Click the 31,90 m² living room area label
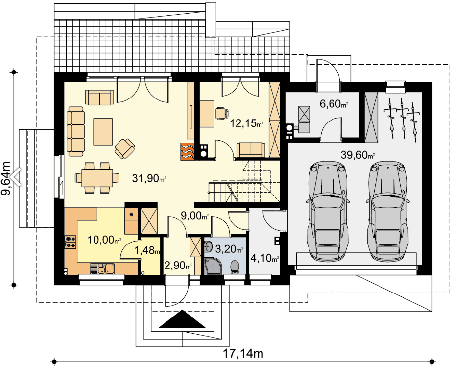[149, 178]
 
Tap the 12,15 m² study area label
[247, 123]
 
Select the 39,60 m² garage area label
[358, 155]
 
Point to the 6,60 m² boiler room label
[334, 104]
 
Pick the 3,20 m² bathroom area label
[230, 249]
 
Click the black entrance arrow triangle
[182, 319]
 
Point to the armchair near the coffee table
[124, 148]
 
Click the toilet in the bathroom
[235, 267]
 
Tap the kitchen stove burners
[71, 242]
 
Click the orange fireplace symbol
[188, 151]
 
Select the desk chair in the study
[221, 113]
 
